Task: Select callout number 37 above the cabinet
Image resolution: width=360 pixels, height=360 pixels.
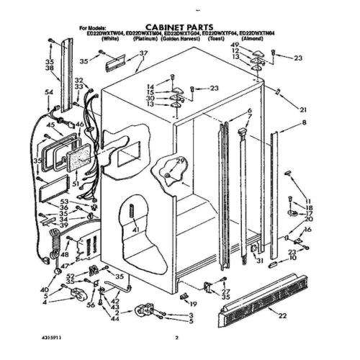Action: pos(143,54)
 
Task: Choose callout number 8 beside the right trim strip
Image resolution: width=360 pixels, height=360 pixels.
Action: pos(303,124)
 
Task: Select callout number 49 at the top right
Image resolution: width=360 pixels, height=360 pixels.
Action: pos(255,45)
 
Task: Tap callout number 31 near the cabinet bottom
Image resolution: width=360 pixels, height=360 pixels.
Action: pos(259,261)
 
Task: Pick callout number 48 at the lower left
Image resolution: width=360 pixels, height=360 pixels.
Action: pos(65,254)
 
